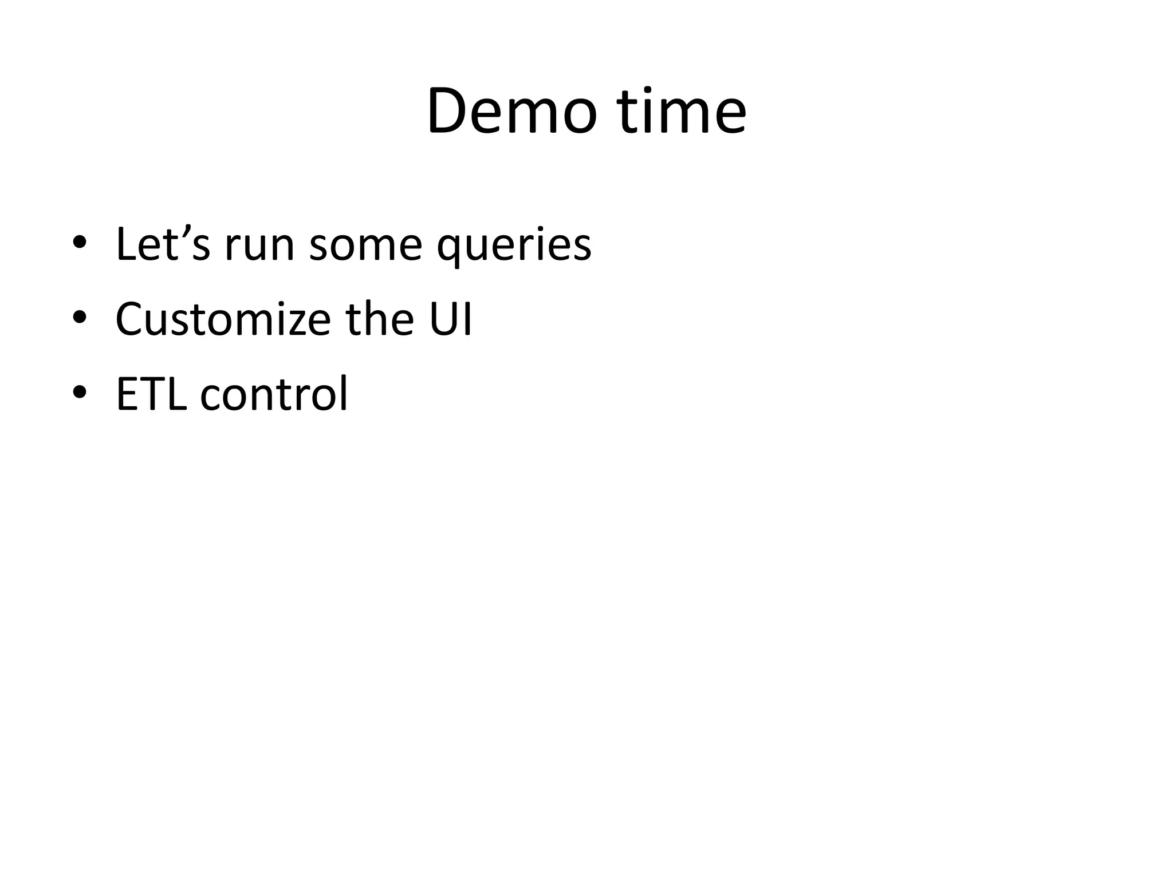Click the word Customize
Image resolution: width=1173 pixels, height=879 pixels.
[x=223, y=319]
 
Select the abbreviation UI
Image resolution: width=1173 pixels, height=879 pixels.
[x=450, y=319]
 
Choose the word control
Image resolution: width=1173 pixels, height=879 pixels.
[x=274, y=394]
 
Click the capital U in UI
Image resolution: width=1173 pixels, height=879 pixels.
[x=442, y=319]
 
